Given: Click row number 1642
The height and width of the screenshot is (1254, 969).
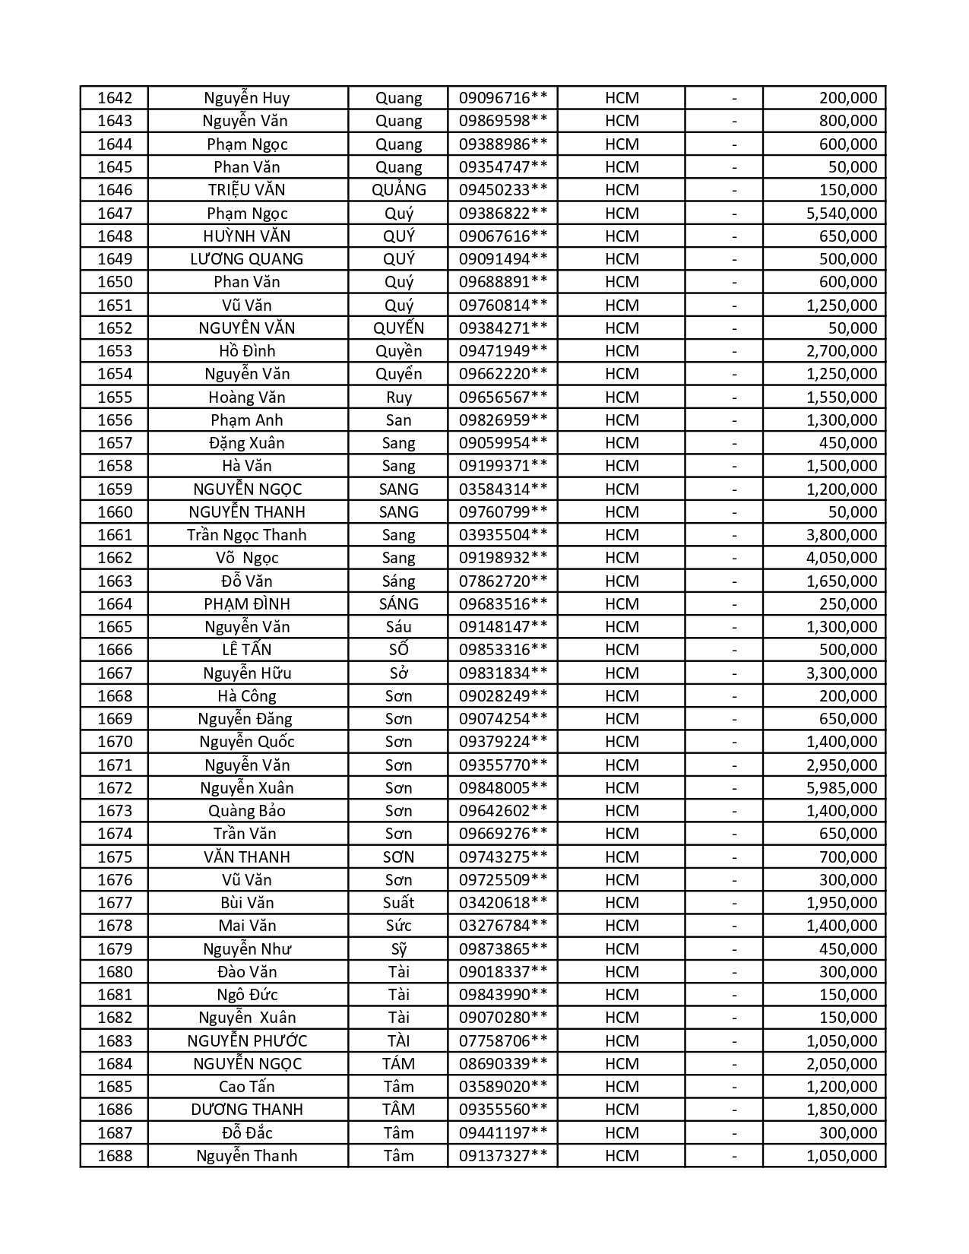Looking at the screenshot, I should click(115, 98).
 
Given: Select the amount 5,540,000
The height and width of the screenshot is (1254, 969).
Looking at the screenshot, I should click(841, 214).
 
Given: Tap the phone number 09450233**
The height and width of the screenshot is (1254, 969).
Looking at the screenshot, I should click(502, 190).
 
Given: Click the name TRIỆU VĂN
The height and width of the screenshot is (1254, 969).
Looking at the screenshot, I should click(247, 190).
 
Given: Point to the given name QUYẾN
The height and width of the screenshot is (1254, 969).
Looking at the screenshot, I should click(398, 328).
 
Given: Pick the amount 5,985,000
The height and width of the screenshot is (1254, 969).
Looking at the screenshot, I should click(841, 788).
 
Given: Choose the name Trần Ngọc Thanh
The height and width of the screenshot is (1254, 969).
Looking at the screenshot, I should click(247, 535).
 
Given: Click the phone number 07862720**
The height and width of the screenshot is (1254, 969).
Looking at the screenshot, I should click(502, 581).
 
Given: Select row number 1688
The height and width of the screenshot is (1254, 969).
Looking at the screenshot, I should click(115, 1156).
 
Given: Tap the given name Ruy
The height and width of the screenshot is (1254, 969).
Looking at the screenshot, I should click(398, 397).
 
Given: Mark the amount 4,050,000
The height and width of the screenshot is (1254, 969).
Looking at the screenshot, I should click(841, 558).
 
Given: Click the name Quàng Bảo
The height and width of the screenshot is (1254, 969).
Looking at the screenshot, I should click(247, 811).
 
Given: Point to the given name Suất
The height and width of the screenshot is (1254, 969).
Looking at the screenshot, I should click(398, 903).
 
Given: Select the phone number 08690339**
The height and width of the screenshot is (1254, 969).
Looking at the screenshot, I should click(502, 1064).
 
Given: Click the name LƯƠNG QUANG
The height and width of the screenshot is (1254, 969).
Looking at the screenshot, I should click(247, 259).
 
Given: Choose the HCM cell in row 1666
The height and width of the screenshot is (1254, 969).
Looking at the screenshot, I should click(622, 650).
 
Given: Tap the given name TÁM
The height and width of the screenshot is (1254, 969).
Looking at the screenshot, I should click(398, 1064).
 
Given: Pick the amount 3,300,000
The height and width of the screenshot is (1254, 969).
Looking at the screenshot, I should click(841, 673).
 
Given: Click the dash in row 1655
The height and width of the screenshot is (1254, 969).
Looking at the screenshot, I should click(734, 397).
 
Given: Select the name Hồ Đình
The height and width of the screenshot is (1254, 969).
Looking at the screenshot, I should click(247, 351).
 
